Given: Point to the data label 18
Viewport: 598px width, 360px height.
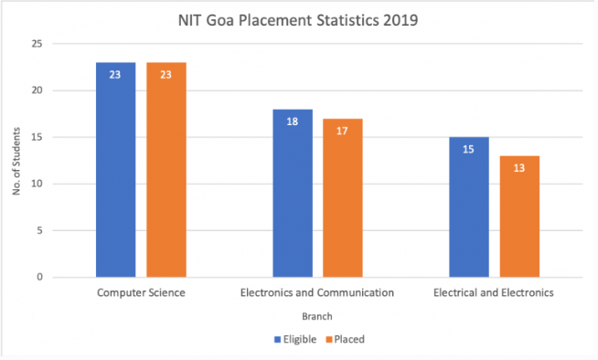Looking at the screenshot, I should (x=292, y=122).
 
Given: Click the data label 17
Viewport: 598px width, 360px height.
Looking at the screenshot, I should (x=342, y=131).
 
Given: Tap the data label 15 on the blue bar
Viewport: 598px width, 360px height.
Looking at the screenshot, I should (x=468, y=150).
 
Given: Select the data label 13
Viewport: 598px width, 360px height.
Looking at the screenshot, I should (x=518, y=168).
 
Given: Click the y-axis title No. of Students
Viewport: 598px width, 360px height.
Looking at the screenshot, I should (x=16, y=162).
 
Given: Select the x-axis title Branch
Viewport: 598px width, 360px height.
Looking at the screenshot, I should (x=317, y=315).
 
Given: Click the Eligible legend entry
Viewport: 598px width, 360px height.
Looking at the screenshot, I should (x=295, y=339).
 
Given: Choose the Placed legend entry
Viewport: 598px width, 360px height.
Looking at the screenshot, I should (x=346, y=339).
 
